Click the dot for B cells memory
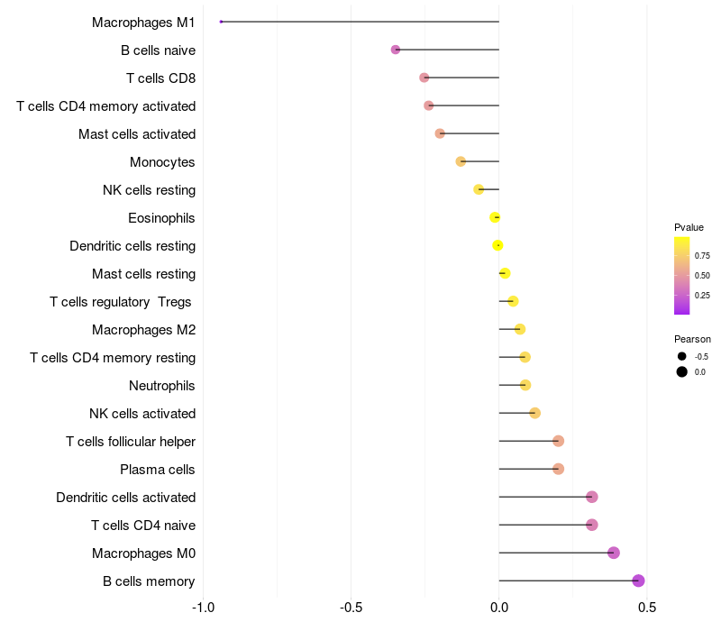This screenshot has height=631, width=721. click(638, 581)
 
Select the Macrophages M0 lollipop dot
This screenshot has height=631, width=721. click(614, 553)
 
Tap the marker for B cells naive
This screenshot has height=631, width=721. click(396, 50)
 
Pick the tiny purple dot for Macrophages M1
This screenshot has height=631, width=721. click(221, 22)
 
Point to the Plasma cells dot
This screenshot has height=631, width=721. click(558, 469)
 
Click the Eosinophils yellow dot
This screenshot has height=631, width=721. click(495, 217)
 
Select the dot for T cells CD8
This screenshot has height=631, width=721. click(424, 78)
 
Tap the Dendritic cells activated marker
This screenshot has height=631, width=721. click(591, 497)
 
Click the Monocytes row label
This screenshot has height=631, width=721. click(162, 162)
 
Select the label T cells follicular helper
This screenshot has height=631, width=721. click(131, 442)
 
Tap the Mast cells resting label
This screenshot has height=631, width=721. click(143, 274)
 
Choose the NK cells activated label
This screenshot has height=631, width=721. click(142, 414)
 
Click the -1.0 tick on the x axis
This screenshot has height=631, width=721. click(204, 607)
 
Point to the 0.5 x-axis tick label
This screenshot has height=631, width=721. click(646, 607)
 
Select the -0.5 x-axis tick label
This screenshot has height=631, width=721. click(351, 607)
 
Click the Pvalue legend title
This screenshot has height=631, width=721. click(689, 227)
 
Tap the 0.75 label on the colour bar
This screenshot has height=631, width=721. click(702, 256)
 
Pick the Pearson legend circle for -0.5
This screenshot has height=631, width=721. click(682, 357)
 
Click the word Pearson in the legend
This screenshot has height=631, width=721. click(692, 340)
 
